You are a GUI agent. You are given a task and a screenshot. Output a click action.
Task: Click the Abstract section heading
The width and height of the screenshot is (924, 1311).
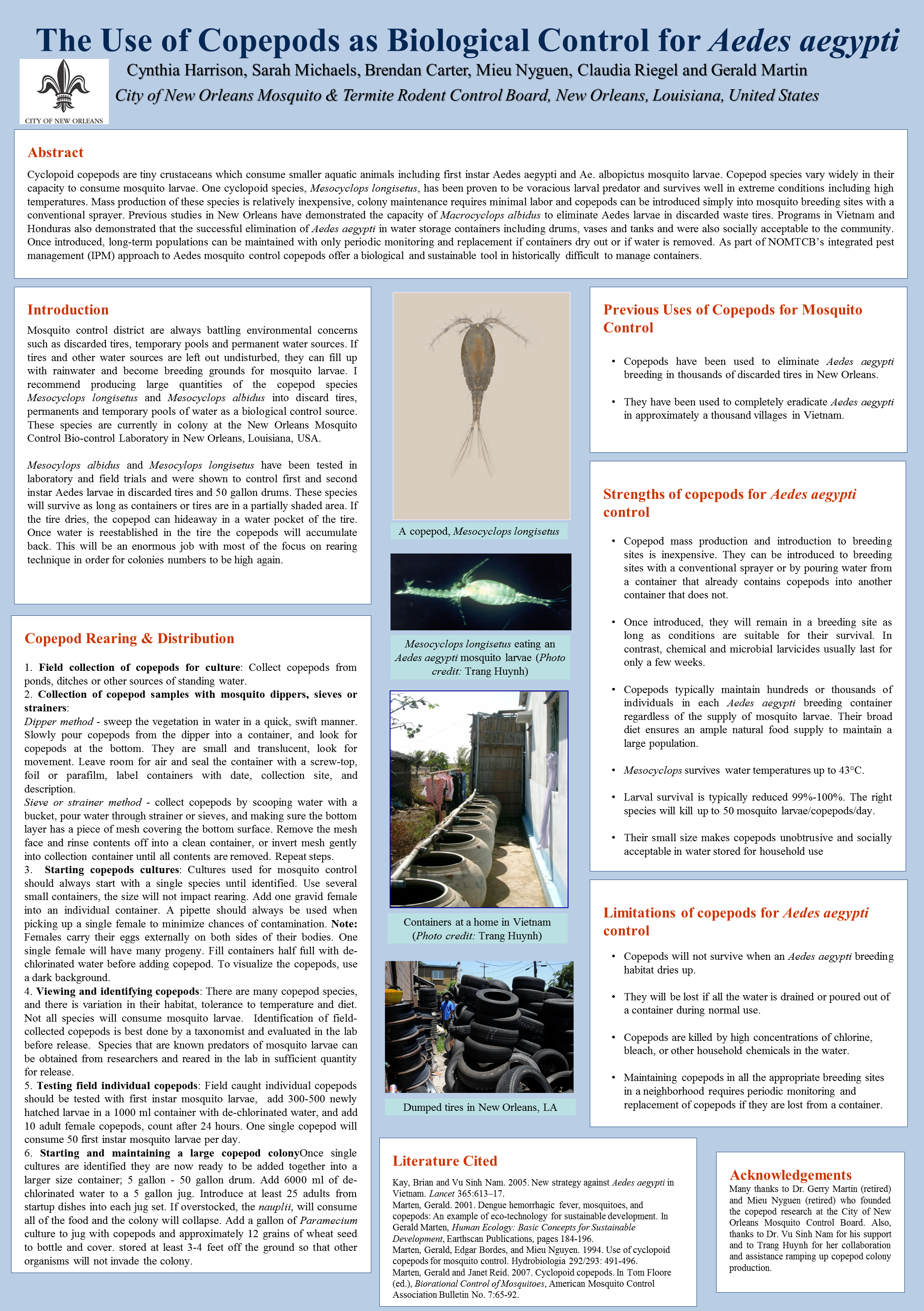[x=55, y=152]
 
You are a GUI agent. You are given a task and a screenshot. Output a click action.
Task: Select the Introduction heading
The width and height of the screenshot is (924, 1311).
[x=68, y=310]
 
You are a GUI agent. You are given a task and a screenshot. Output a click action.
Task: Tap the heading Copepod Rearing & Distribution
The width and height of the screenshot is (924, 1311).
[x=129, y=638]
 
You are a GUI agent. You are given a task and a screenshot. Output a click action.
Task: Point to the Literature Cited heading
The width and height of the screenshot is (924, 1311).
[x=444, y=1161]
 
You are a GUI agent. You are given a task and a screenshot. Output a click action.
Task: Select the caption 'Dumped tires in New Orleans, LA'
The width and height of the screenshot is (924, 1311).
[x=480, y=1107]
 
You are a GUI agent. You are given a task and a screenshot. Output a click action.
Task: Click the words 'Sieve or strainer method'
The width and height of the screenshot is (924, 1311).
[x=83, y=803]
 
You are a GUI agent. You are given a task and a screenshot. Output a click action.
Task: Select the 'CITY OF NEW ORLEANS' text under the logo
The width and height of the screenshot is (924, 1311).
[x=64, y=121]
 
